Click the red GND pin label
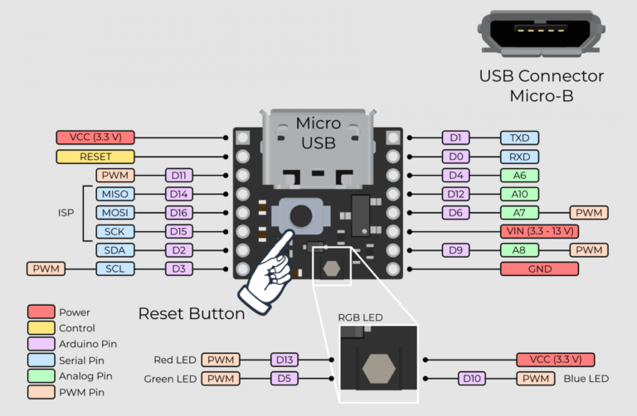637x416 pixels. point(539,268)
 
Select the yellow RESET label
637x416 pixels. point(95,156)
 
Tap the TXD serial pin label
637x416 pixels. point(519,137)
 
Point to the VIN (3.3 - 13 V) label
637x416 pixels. point(539,231)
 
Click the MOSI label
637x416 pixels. point(111,213)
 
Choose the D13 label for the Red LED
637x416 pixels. point(284,360)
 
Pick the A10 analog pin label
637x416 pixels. point(519,194)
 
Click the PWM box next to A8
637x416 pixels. point(588,249)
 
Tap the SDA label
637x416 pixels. point(111,250)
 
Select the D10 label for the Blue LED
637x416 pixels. point(471,379)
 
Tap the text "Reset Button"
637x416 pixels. point(191,313)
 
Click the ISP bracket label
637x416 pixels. point(66,213)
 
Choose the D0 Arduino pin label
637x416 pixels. point(455,156)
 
